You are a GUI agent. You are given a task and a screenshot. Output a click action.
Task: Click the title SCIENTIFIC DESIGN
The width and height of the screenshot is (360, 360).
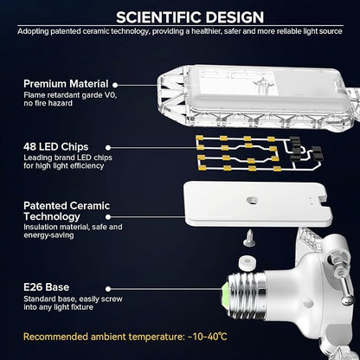190,17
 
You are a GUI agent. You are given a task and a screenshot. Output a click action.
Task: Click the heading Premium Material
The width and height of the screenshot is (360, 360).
66,84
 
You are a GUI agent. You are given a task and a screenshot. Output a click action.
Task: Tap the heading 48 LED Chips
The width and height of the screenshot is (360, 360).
56,147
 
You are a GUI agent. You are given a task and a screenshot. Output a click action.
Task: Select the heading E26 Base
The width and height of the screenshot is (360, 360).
47,287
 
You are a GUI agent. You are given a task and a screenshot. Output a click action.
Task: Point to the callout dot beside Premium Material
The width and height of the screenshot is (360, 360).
115,85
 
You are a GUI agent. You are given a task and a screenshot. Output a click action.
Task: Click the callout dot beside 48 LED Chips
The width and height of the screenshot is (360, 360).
108,148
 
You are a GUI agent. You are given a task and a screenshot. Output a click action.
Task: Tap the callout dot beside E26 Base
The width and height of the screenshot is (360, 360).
108,289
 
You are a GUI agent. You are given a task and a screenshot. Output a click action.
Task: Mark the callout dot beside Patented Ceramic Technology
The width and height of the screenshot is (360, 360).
108,217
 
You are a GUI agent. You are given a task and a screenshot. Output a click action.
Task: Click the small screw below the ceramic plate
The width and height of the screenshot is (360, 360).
249,239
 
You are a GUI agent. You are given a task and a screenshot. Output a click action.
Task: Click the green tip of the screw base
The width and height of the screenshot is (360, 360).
225,295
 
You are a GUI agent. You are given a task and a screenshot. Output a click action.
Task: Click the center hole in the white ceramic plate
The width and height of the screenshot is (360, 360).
253,200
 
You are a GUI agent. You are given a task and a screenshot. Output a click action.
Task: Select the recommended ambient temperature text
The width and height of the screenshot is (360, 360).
125,337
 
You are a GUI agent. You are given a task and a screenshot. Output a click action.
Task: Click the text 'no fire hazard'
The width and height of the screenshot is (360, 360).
48,103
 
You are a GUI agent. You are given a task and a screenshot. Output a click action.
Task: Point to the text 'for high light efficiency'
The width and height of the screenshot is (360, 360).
64,166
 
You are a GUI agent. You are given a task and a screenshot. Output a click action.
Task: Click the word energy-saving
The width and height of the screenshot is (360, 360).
48,235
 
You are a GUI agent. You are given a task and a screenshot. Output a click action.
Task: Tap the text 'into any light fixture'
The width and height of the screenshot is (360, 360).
59,307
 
